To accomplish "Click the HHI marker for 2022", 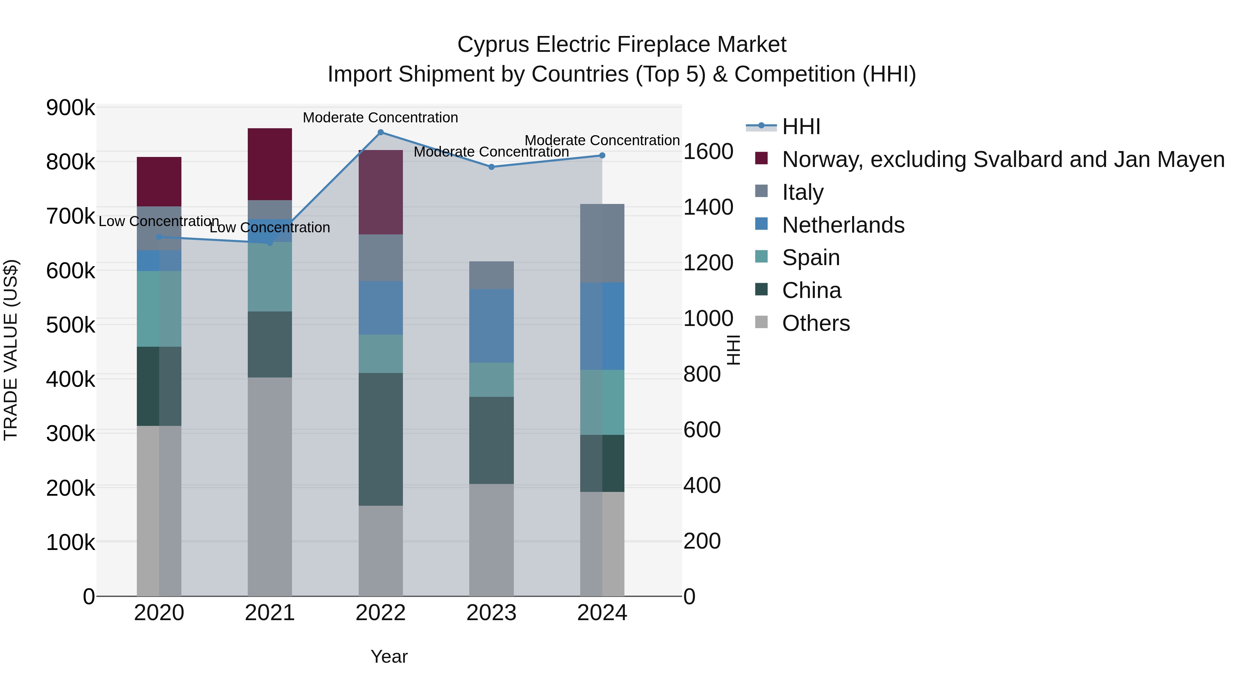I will [380, 132].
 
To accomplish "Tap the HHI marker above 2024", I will [602, 156].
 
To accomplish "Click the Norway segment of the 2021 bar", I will [270, 164].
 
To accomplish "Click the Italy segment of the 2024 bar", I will [602, 243].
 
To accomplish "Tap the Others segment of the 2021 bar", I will [270, 486].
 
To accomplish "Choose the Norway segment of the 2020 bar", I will [159, 181].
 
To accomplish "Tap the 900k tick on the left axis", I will [70, 108].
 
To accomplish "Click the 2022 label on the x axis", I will [380, 613].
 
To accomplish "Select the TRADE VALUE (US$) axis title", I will [11, 350].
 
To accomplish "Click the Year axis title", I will [389, 656].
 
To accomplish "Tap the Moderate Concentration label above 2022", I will [380, 118].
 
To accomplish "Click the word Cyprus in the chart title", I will [493, 45].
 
